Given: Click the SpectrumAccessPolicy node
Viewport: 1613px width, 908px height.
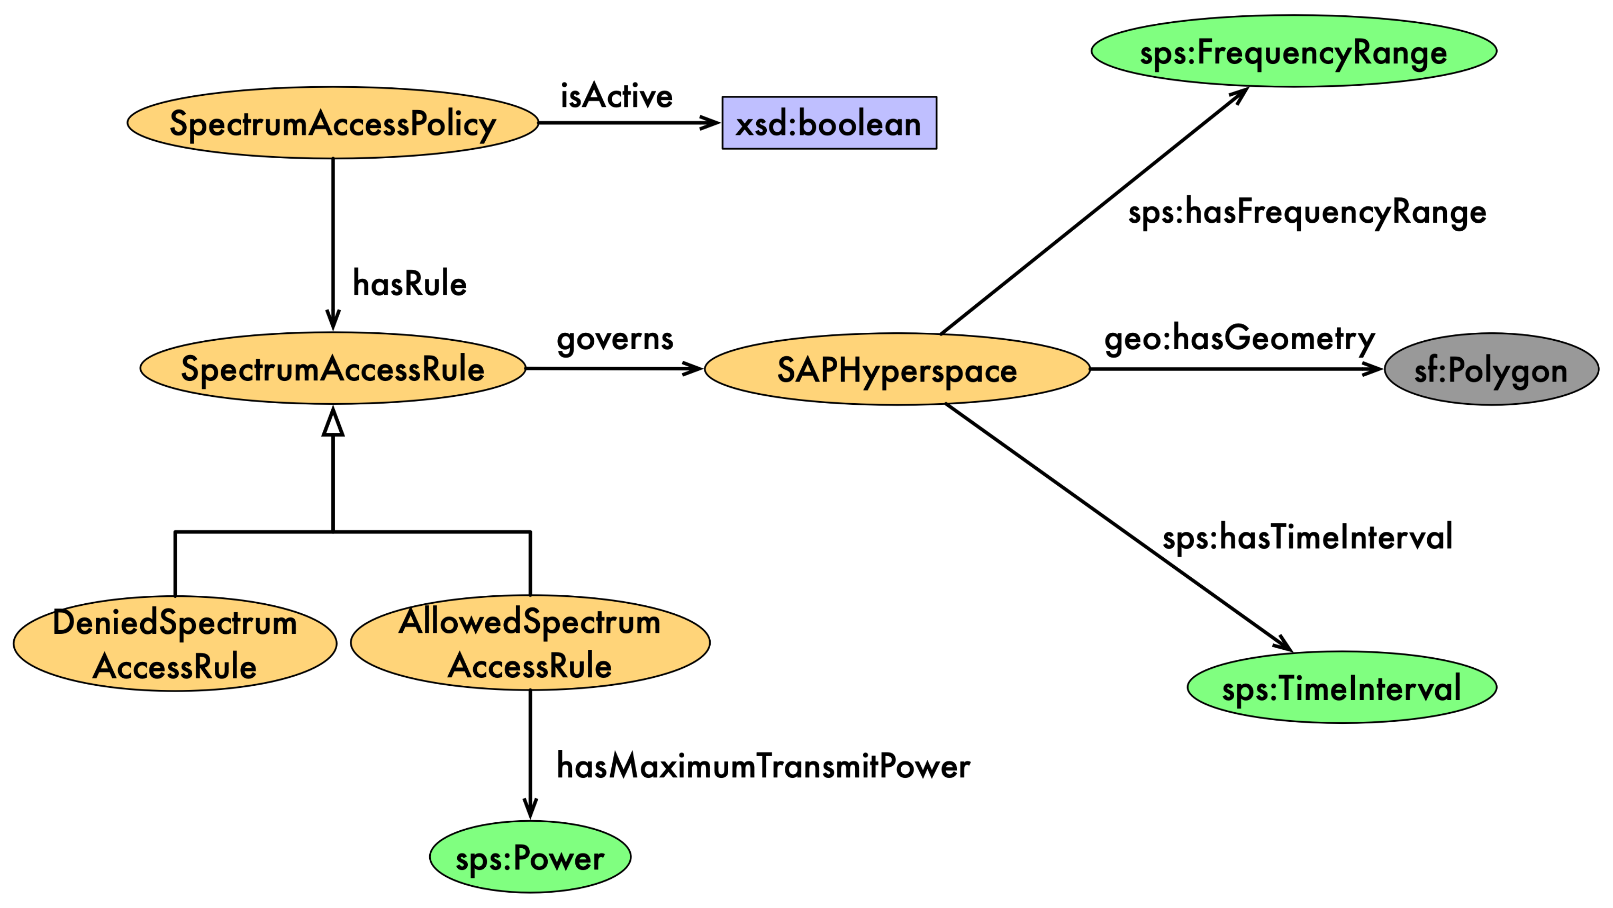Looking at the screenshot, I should tap(332, 123).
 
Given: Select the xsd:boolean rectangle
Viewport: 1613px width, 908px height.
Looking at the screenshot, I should tap(829, 123).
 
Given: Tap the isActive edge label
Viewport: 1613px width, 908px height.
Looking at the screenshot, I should tap(616, 96).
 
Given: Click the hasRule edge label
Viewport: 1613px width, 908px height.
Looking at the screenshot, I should tap(410, 284).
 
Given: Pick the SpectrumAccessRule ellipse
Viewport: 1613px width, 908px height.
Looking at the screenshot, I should tap(332, 368).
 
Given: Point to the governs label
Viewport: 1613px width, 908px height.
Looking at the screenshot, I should tap(615, 339).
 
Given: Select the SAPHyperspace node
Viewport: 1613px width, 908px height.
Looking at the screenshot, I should tap(896, 369).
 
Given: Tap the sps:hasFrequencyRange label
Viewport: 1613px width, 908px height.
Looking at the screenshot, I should tap(1307, 212).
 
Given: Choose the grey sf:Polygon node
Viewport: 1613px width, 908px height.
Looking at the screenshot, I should tap(1491, 369).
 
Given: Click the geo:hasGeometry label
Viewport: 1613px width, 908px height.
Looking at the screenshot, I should tap(1239, 339).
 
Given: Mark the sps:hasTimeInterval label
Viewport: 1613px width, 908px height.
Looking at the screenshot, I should tap(1307, 537).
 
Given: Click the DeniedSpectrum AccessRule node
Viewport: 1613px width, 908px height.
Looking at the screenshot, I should tap(175, 644).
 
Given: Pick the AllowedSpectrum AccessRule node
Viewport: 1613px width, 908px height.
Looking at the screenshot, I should tap(530, 643).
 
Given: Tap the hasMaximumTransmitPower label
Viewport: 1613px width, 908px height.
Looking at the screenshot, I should tap(763, 766).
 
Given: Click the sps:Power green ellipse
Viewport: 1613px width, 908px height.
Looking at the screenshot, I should tap(530, 857).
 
